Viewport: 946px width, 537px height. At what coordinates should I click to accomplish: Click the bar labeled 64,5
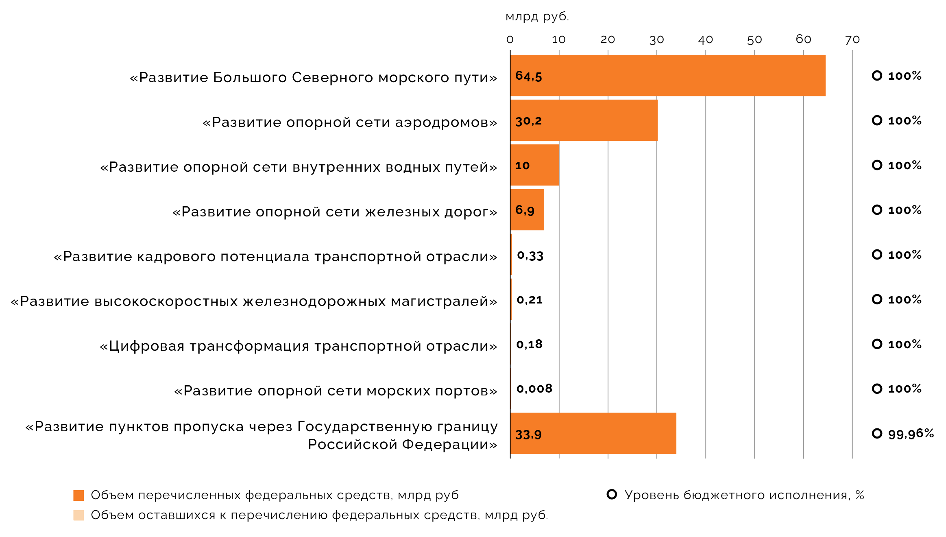click(x=668, y=76)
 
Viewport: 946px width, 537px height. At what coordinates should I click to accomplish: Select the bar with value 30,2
click(x=584, y=120)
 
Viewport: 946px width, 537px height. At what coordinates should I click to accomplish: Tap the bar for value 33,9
click(x=593, y=433)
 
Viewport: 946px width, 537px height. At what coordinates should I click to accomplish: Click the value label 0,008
click(x=534, y=389)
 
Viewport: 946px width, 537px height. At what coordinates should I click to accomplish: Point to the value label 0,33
click(x=530, y=256)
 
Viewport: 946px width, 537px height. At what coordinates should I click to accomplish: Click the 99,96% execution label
click(x=911, y=434)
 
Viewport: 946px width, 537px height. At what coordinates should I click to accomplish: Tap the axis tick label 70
click(x=852, y=39)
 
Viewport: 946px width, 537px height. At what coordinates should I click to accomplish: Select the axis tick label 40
click(x=705, y=39)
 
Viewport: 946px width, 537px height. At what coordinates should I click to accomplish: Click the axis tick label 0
click(x=510, y=39)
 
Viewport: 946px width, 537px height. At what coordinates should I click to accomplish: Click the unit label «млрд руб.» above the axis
click(x=537, y=16)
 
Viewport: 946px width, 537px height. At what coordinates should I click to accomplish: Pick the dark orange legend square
click(x=78, y=495)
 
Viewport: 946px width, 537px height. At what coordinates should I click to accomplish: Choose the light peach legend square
click(x=78, y=515)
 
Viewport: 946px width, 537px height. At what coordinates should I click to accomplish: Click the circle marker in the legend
click(x=612, y=494)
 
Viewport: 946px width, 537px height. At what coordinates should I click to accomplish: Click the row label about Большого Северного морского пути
click(x=313, y=77)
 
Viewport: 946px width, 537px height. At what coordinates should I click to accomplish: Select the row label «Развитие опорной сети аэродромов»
click(x=350, y=122)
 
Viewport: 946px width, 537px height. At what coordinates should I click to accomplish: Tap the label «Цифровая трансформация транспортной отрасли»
click(x=298, y=346)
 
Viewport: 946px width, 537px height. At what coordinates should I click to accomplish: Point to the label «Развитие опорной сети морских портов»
click(x=336, y=391)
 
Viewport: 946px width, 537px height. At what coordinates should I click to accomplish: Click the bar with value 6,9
click(x=527, y=210)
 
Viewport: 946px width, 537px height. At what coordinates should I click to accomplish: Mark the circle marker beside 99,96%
click(x=877, y=433)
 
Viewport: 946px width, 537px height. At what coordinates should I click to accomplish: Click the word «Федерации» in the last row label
click(x=449, y=444)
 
